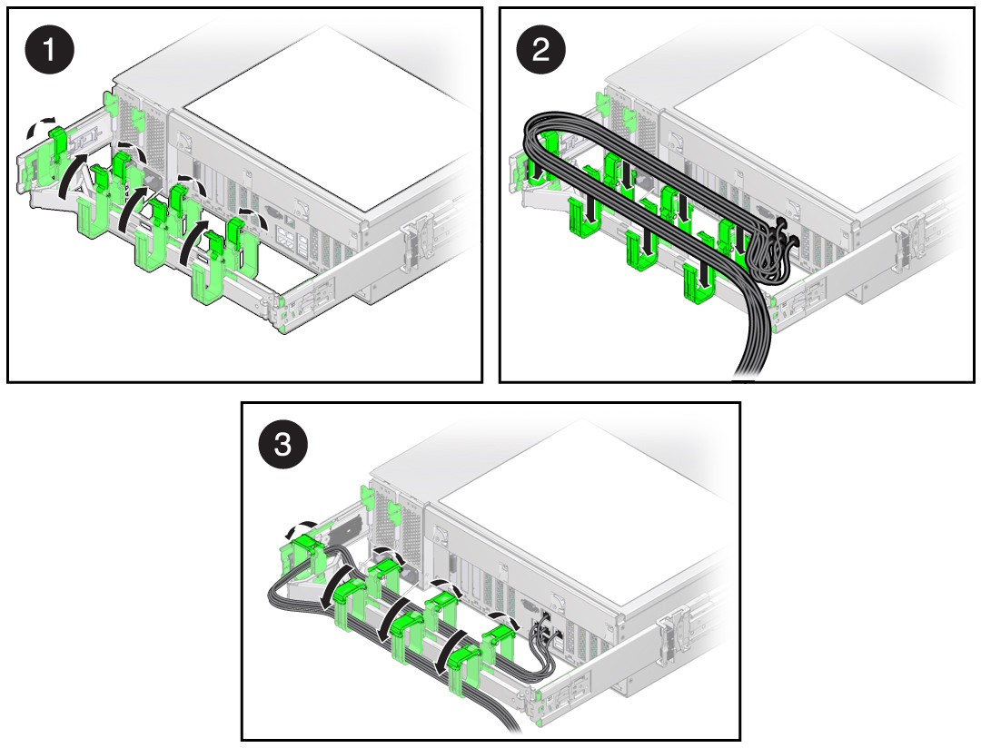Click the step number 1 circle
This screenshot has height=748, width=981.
(x=49, y=49)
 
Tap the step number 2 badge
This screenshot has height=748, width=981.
(x=540, y=49)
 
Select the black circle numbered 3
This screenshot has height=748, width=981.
(x=282, y=444)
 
